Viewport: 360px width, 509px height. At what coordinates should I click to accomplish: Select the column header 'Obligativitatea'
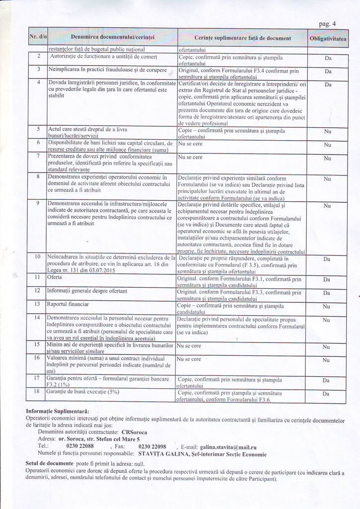[328, 38]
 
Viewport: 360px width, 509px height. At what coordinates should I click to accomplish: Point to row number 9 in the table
[38, 204]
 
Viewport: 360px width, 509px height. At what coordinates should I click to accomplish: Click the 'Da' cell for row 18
[327, 394]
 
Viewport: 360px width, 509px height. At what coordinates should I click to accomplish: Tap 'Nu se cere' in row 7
[190, 157]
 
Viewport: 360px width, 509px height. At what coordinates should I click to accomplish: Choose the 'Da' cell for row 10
[327, 259]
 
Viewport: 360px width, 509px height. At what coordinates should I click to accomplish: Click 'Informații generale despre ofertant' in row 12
[87, 290]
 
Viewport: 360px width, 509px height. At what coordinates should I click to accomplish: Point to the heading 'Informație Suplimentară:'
[58, 412]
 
